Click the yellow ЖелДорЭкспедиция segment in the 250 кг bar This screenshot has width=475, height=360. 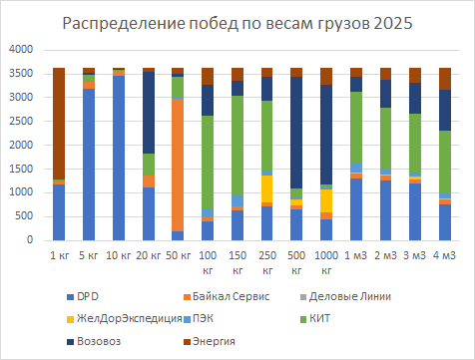point(266,188)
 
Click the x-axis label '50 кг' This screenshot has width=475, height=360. point(178,255)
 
